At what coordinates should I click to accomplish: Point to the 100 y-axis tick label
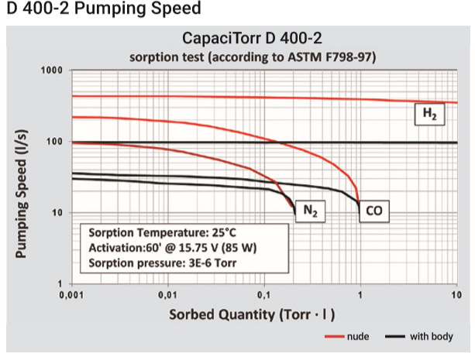[55, 142]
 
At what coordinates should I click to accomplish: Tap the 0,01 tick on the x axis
[168, 295]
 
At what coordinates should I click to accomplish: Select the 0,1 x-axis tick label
[264, 295]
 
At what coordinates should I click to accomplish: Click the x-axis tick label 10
[456, 295]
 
